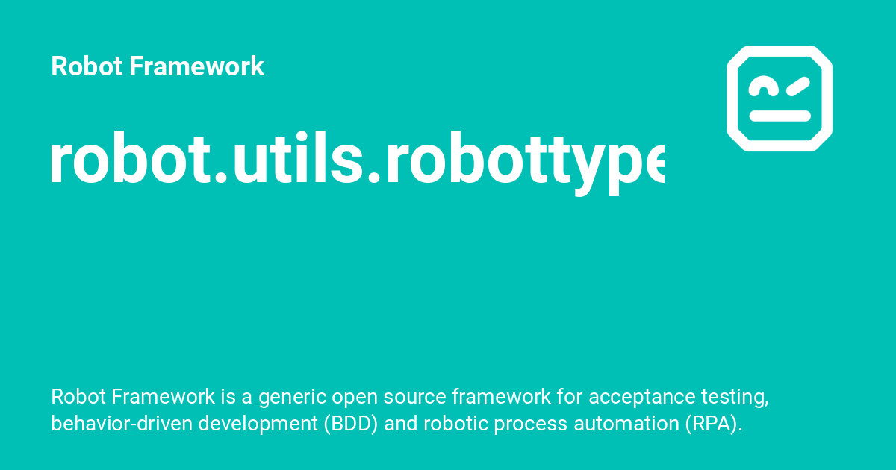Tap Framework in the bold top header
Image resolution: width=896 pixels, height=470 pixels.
pyautogui.click(x=197, y=66)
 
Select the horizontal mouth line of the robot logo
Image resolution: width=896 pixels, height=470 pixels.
pyautogui.click(x=780, y=116)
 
